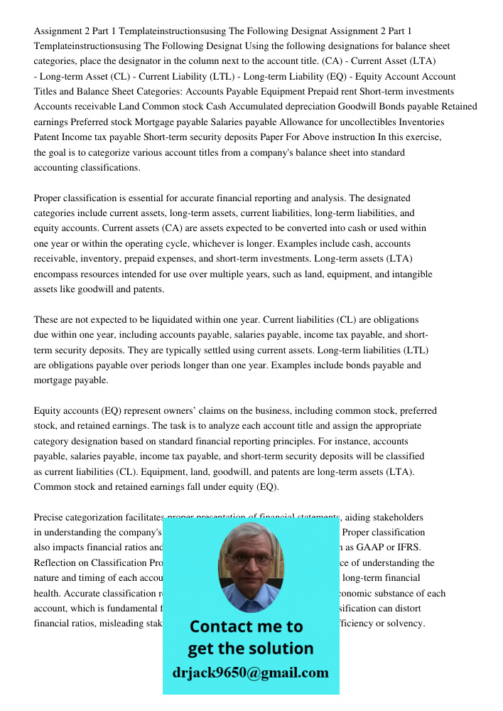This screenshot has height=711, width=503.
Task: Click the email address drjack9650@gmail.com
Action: pos(251,673)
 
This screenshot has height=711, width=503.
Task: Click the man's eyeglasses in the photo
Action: pos(251,559)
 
